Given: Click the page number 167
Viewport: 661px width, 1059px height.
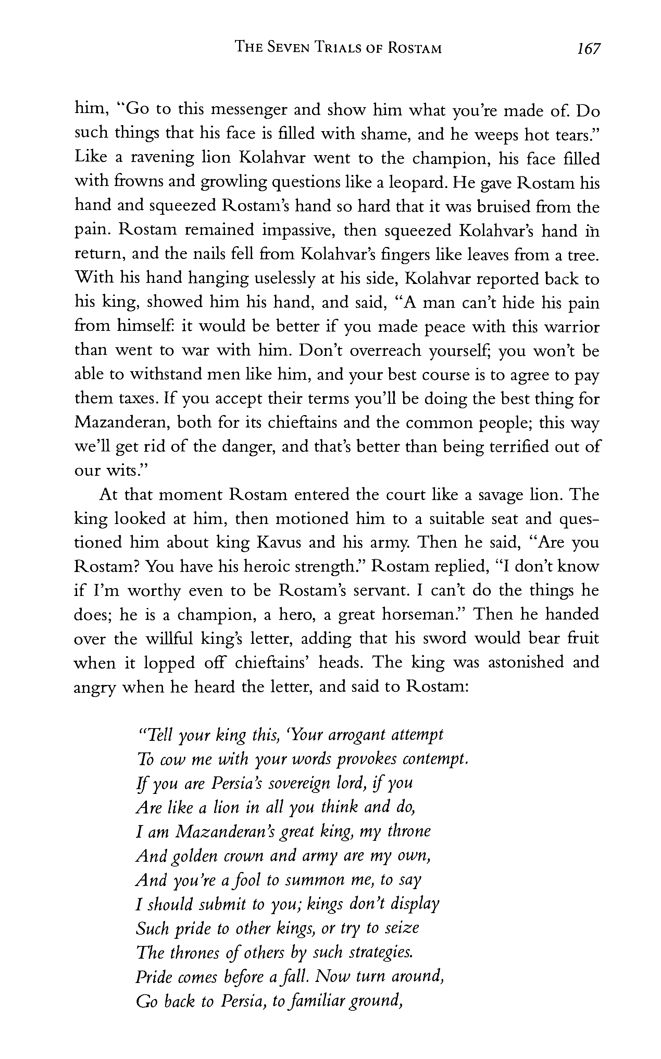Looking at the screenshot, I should (588, 49).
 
